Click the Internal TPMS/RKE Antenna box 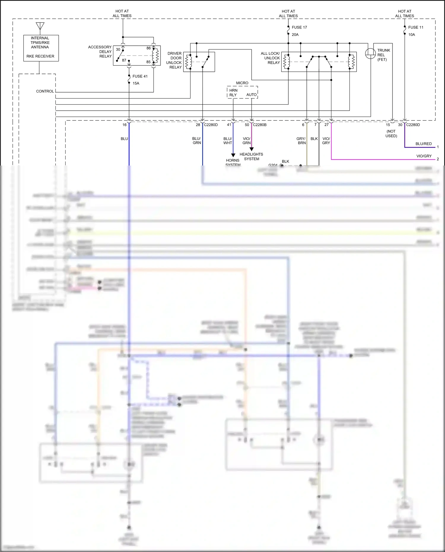click(41, 48)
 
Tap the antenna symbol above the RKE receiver click(40, 26)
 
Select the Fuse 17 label click(299, 27)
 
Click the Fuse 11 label click(416, 27)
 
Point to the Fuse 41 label click(140, 76)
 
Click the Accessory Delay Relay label click(100, 52)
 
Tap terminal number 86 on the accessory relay click(148, 48)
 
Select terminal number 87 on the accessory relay click(124, 60)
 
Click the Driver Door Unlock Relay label click(174, 60)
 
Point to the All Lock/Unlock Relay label click(270, 58)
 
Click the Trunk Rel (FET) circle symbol click(370, 53)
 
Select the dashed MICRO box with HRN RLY click(242, 92)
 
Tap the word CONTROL click(45, 91)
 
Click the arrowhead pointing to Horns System click(233, 155)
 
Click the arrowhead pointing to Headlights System click(252, 149)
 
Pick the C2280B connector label click(260, 125)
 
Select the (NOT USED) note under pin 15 click(391, 133)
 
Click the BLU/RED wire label click(423, 144)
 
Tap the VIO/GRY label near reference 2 click(424, 156)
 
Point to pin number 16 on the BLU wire click(125, 125)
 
